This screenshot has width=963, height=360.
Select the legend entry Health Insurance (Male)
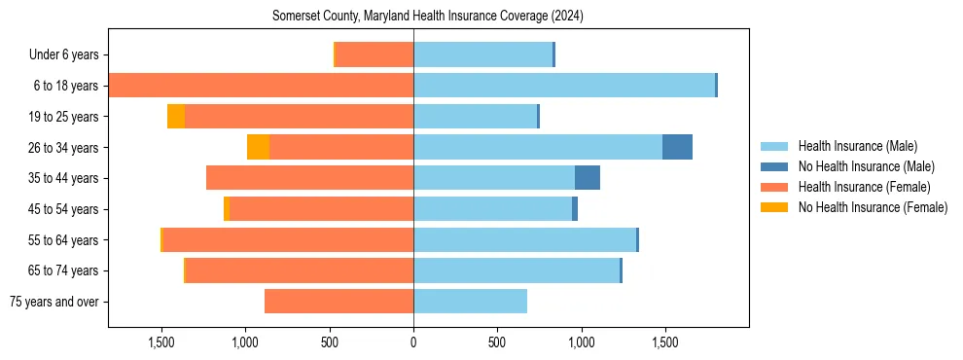pos(857,146)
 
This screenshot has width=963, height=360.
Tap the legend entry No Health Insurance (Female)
pos(873,207)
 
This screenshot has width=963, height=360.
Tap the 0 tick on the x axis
pos(413,342)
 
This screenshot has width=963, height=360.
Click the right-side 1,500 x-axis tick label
pos(664,342)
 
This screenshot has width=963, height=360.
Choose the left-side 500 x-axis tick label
pos(330,342)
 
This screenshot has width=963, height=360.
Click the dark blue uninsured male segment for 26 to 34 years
pos(677,147)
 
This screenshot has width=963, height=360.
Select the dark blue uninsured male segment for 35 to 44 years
pos(588,178)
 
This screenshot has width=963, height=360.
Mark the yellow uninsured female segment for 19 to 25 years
pos(176,117)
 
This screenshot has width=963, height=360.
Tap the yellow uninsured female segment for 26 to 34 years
pos(258,147)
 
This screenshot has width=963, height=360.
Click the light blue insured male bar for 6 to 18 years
pos(564,86)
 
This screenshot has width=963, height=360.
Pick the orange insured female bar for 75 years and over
pos(339,302)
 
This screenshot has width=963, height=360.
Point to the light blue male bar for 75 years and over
pos(470,302)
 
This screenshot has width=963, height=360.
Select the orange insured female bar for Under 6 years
pos(374,55)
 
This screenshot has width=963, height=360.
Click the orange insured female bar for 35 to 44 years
pos(309,178)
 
